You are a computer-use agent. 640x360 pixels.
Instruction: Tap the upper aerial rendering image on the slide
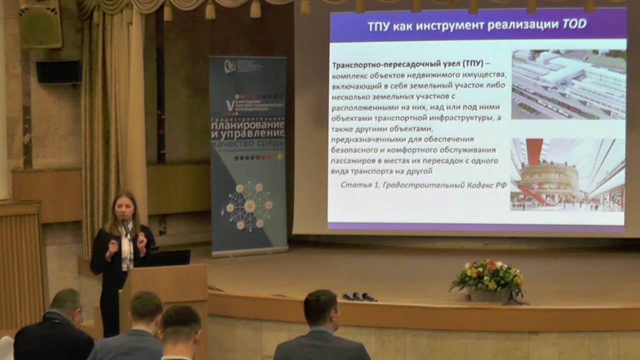pos(568,84)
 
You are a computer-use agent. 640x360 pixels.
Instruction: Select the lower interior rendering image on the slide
pos(567,174)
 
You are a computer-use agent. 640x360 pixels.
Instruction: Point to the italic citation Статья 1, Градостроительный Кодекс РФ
pos(423,184)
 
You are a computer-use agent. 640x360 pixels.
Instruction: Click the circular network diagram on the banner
pos(249,205)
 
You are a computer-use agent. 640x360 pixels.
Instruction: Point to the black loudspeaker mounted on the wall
pos(58,72)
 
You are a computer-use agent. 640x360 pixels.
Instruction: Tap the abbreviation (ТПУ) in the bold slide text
pos(472,65)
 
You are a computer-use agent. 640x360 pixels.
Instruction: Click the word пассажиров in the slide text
pos(355,161)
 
